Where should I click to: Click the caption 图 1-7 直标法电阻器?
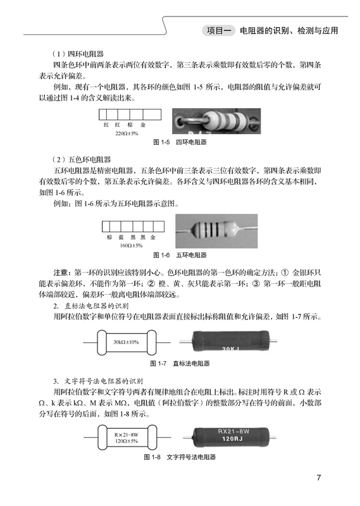point(180,364)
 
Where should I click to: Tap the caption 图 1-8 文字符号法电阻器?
point(180,457)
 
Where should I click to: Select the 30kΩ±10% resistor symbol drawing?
point(126,342)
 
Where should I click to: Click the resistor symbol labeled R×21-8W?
point(126,438)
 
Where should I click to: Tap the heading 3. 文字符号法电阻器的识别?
point(98,381)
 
